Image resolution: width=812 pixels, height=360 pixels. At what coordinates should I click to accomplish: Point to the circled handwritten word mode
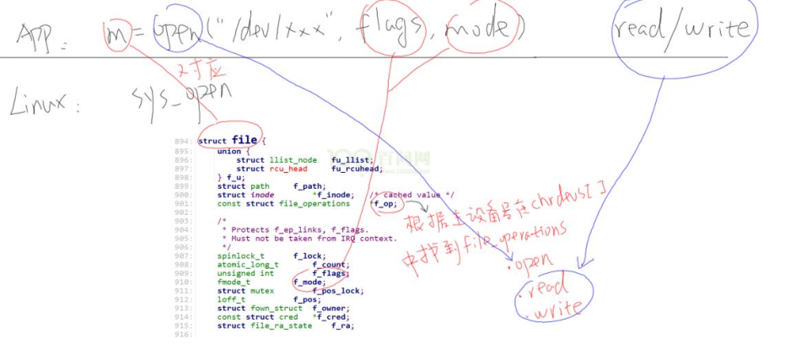477,32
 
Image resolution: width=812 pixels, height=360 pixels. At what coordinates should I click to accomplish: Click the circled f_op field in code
382,203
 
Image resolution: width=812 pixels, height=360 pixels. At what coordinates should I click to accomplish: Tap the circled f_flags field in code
331,273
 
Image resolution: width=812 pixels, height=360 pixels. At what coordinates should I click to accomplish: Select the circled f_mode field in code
309,282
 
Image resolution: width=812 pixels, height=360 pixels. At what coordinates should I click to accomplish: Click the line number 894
183,142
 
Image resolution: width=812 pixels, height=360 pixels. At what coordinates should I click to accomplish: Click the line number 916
183,335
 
